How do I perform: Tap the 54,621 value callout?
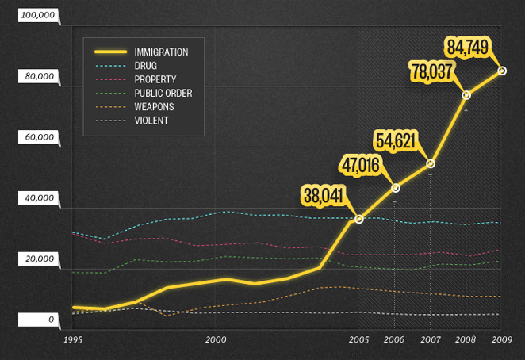click(395, 140)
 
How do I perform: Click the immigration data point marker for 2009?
click(501, 71)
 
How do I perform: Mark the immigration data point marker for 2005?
click(358, 219)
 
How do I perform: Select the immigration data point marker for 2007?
click(431, 163)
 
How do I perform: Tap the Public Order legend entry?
click(163, 93)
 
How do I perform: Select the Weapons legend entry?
click(154, 106)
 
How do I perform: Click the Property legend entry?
click(155, 79)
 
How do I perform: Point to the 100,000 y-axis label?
click(36, 15)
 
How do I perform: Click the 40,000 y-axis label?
click(38, 198)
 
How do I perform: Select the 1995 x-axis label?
click(73, 339)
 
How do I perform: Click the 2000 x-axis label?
click(216, 339)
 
